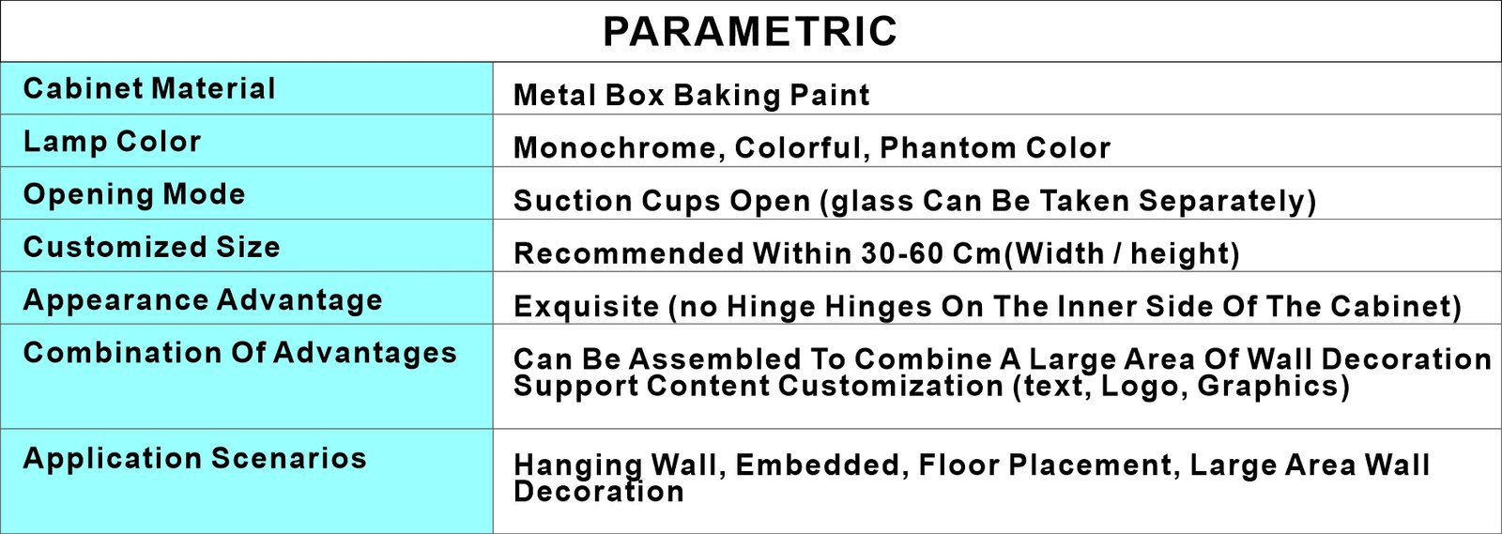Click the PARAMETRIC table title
[x=750, y=31]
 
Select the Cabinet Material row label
[x=149, y=88]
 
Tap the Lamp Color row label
[x=112, y=142]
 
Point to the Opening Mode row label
[x=134, y=194]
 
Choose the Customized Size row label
[x=151, y=247]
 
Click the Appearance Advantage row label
[x=203, y=300]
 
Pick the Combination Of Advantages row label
[x=240, y=353]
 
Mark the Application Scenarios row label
[x=195, y=458]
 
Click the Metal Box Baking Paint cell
[x=691, y=95]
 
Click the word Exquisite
[x=587, y=307]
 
